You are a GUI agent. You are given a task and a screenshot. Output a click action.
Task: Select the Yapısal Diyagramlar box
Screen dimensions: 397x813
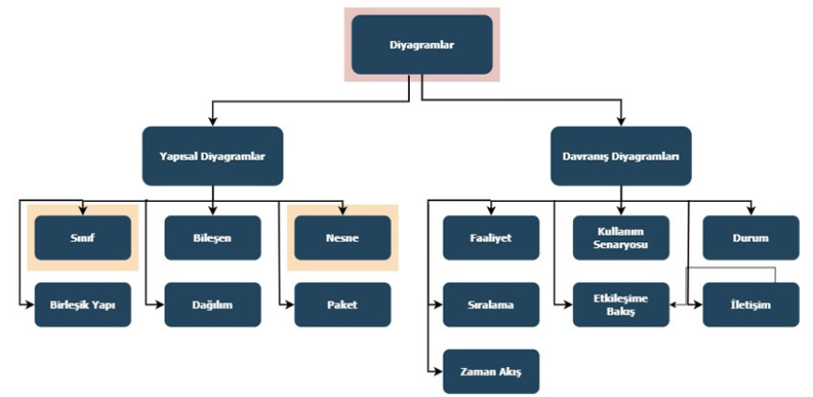(x=213, y=156)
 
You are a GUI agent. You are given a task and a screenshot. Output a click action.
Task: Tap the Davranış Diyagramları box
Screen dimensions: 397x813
(x=620, y=156)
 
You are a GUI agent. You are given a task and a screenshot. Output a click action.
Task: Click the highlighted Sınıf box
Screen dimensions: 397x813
(x=82, y=237)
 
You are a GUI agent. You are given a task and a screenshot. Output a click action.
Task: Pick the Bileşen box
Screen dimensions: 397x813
(x=212, y=237)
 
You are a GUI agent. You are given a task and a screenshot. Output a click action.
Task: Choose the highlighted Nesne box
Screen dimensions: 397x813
(x=342, y=237)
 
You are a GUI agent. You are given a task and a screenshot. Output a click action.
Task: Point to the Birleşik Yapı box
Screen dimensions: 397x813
(x=82, y=305)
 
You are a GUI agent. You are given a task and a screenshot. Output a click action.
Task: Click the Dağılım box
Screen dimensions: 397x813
(x=212, y=305)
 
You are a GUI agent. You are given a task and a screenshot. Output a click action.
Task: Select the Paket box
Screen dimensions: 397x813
(x=342, y=305)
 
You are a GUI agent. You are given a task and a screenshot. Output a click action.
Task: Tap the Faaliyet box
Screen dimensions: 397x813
(x=490, y=237)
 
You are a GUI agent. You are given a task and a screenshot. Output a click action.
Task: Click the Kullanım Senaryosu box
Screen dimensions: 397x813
(x=621, y=237)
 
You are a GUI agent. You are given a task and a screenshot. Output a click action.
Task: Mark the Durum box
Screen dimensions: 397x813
(x=750, y=237)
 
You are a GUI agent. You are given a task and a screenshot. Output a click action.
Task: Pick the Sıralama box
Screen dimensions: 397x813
(x=490, y=305)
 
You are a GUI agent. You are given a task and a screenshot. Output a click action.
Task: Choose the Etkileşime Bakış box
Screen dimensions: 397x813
(x=621, y=305)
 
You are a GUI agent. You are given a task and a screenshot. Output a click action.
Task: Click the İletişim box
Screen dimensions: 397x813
(x=750, y=305)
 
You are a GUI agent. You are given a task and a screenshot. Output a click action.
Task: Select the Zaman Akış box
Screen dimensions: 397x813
(x=490, y=372)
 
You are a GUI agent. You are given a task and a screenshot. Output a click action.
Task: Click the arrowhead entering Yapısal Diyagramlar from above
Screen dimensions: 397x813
(x=213, y=122)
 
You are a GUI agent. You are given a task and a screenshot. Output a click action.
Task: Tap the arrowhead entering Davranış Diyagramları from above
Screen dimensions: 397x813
(x=620, y=122)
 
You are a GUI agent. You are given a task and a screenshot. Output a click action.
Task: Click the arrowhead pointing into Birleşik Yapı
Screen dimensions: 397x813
(x=29, y=305)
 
